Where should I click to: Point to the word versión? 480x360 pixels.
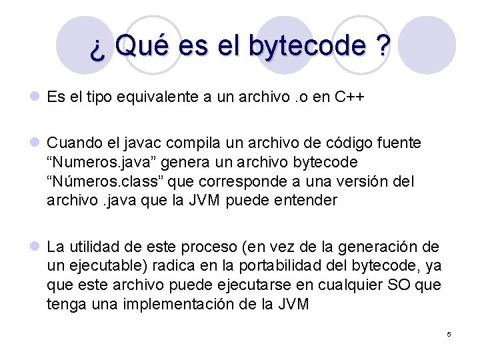(365, 181)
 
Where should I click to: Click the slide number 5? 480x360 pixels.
(449, 334)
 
